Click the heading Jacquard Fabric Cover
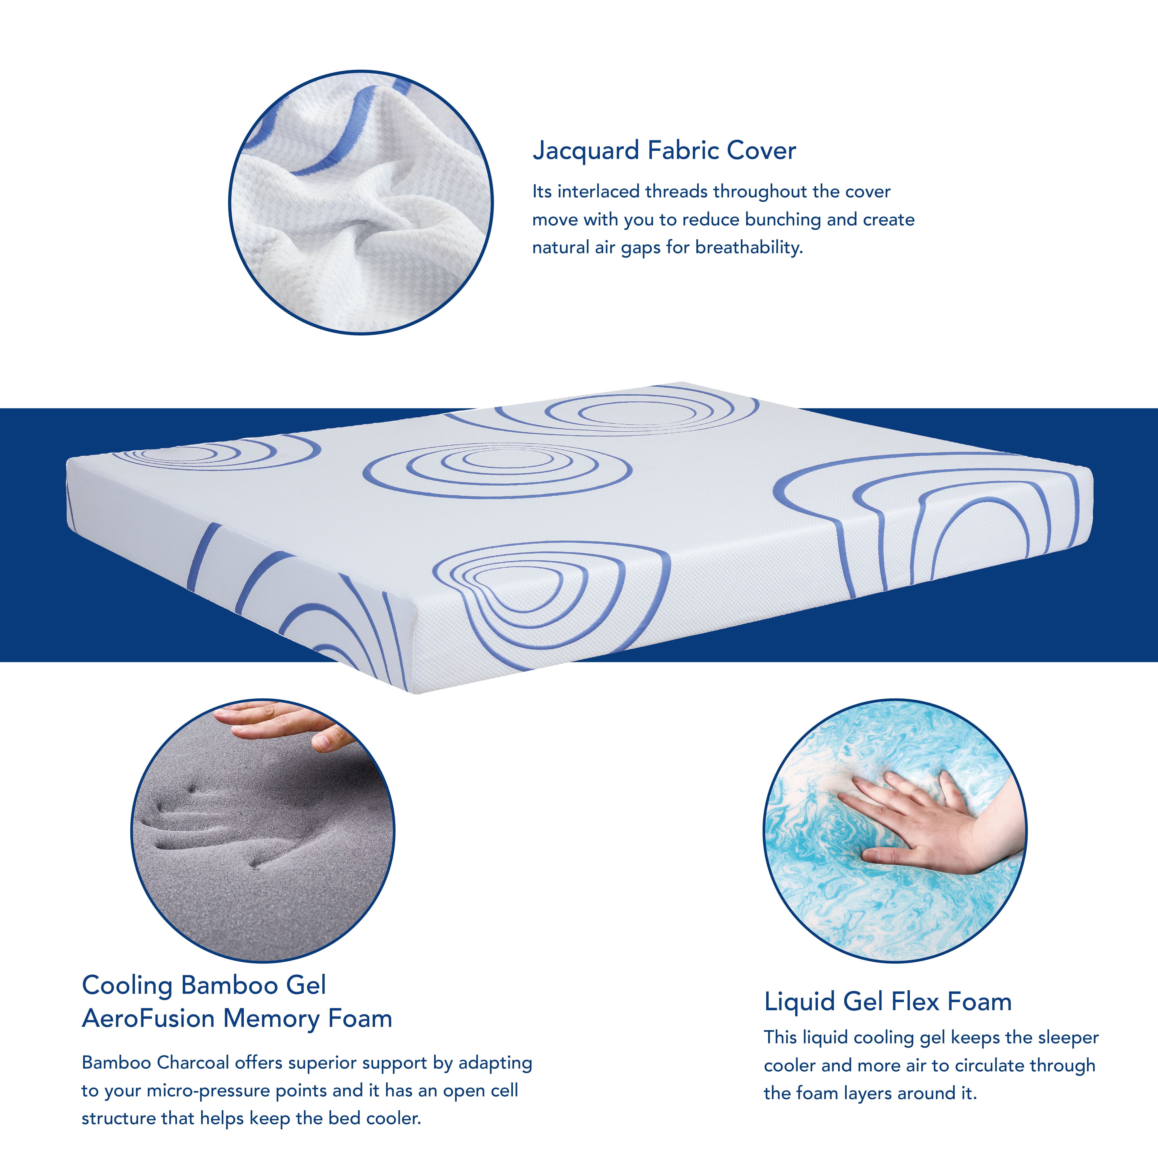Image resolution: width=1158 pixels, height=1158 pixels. [x=664, y=150]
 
